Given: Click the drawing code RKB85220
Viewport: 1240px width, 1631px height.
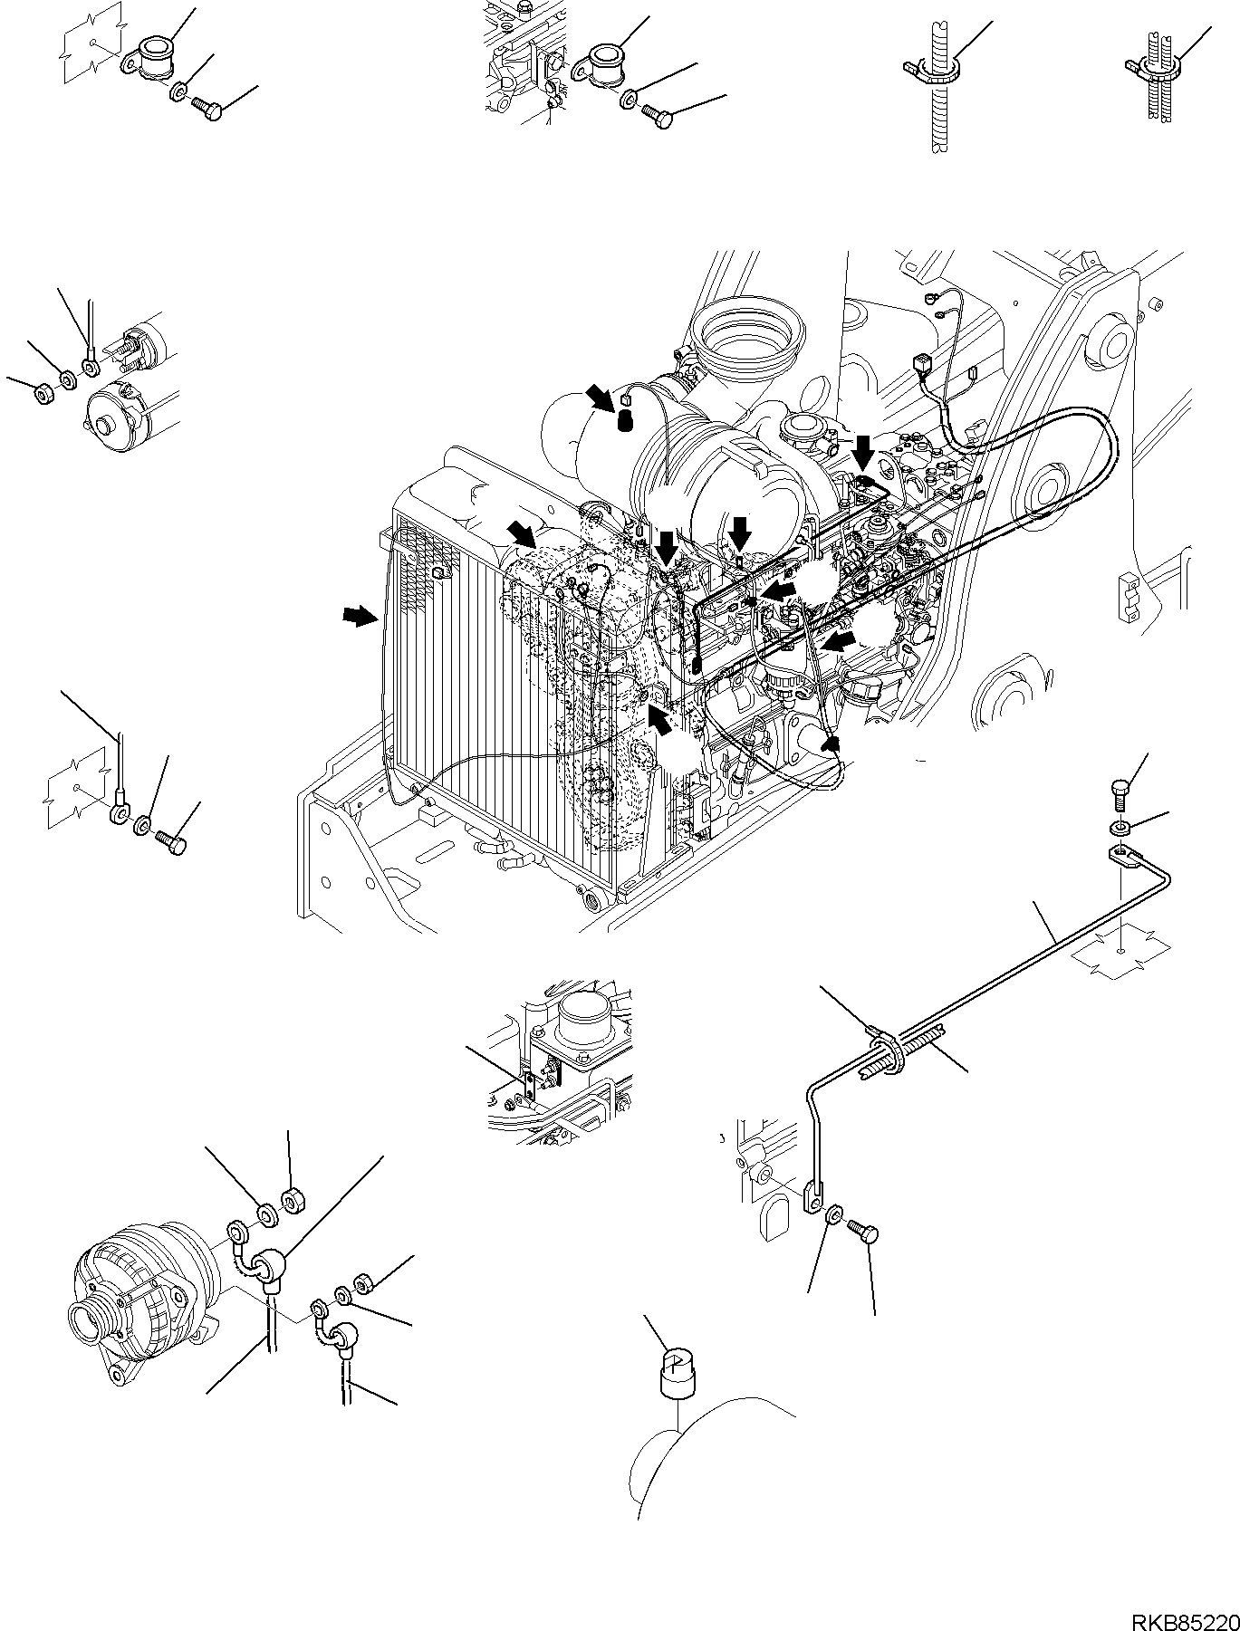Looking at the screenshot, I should (x=1178, y=1617).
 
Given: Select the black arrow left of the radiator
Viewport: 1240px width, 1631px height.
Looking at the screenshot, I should (x=360, y=617).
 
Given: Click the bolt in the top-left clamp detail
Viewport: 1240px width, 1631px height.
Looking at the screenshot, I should (x=208, y=110).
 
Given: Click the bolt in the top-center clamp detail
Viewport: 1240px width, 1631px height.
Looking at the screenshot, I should (x=657, y=115).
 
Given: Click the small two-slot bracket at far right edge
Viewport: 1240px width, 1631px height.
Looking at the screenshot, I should (x=1130, y=599).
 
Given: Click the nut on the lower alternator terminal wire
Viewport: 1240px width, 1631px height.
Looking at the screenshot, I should (x=364, y=1284).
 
